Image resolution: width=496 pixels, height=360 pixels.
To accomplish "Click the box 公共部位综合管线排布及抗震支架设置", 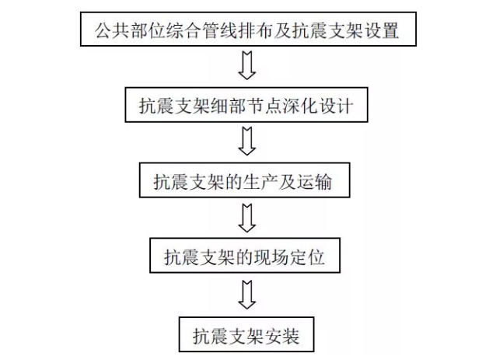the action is pos(248,29).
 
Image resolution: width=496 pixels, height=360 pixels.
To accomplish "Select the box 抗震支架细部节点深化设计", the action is pos(246,105).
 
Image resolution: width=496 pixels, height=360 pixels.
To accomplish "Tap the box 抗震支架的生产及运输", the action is pos(245,180).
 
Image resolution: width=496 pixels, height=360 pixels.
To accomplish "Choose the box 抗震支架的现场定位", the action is pos(245,256).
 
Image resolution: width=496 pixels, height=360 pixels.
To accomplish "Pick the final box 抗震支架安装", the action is pos(246,334).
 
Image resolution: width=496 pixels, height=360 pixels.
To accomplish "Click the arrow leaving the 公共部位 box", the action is pos(246,65).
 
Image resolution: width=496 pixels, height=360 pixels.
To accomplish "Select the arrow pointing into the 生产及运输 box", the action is pos(246,141).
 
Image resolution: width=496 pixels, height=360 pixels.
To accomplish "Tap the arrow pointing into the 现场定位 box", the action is pos(246,218).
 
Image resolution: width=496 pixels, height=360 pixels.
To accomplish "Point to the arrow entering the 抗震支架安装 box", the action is pos(246,295).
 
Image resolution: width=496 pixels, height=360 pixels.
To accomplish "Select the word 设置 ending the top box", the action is pos(382,30).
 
